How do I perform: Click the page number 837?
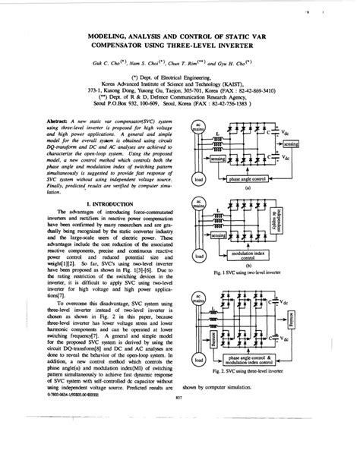pos(179,439)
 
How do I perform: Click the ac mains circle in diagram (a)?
pos(197,127)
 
